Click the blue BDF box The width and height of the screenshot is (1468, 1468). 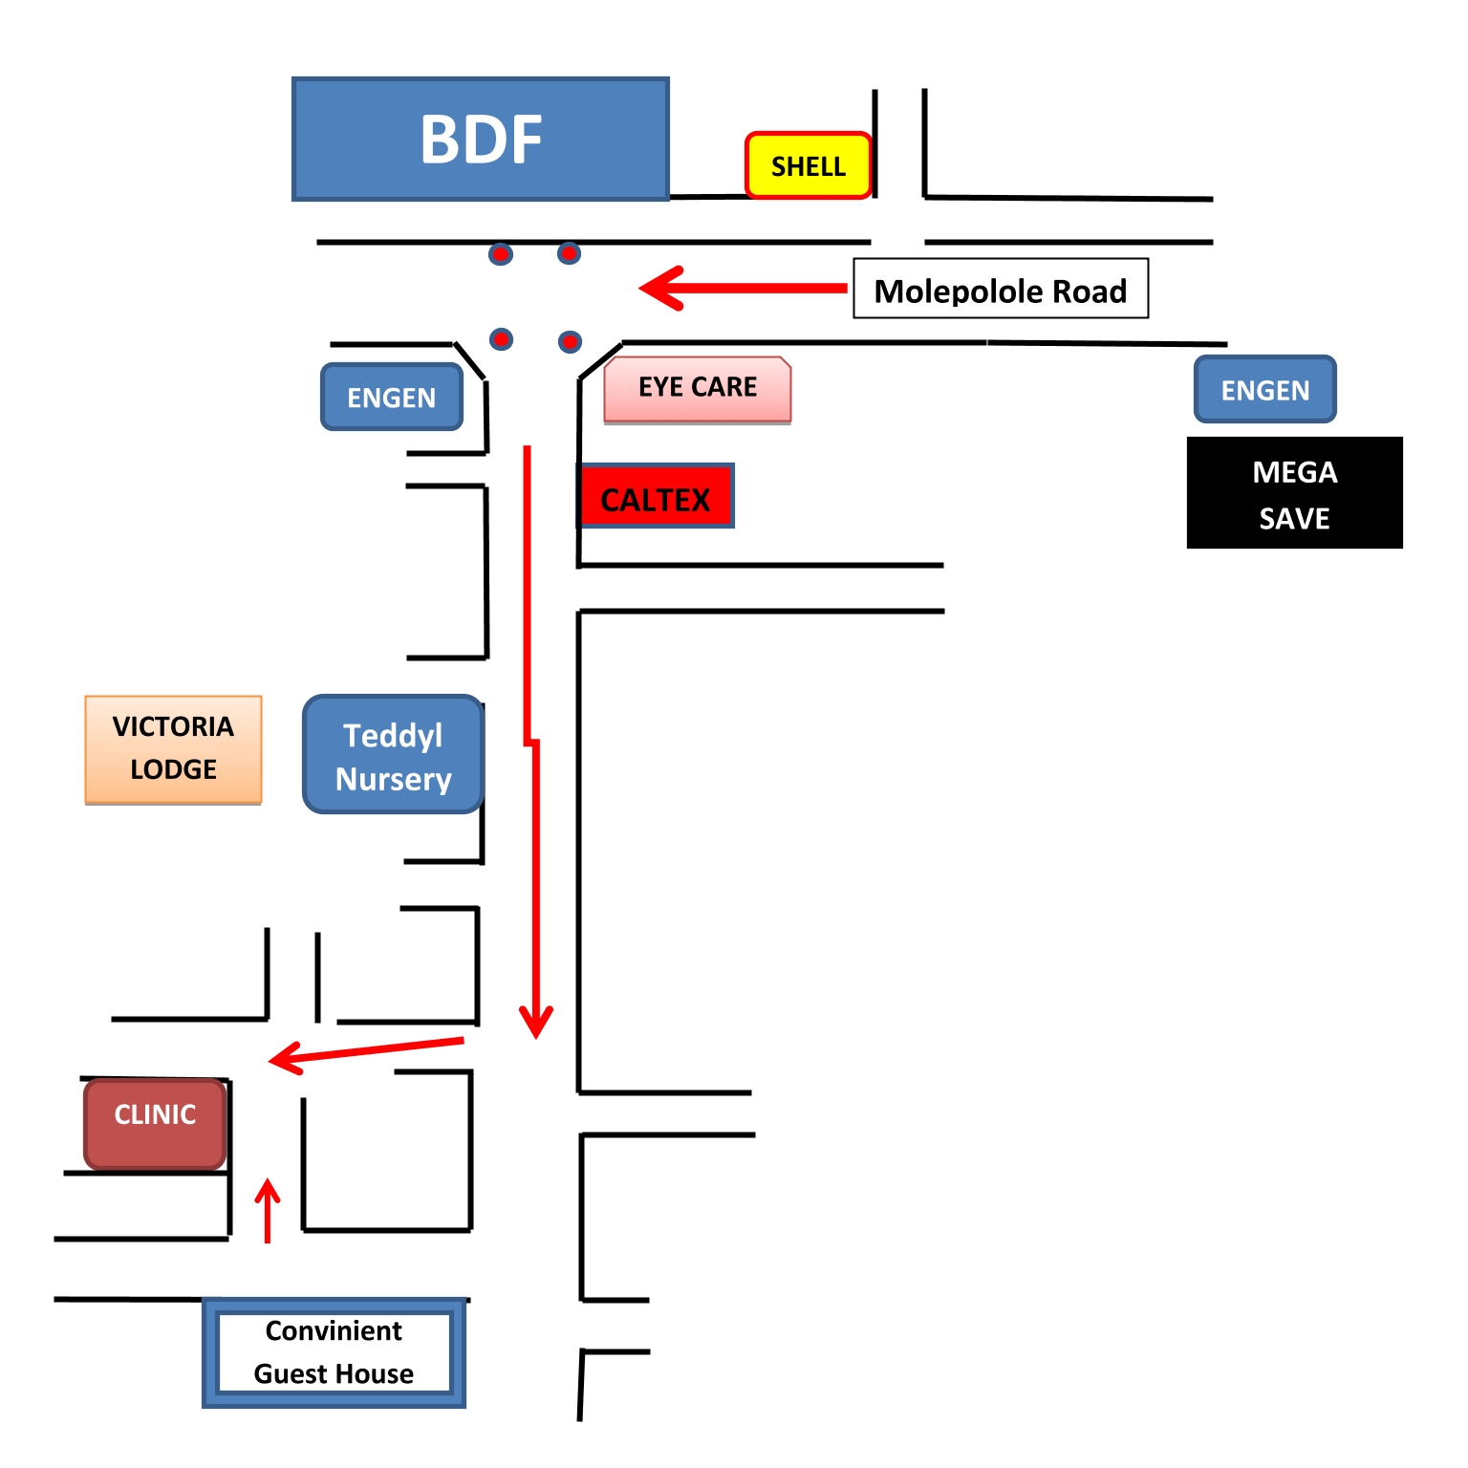pyautogui.click(x=480, y=140)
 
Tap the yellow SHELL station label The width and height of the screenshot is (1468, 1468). pyautogui.click(x=809, y=166)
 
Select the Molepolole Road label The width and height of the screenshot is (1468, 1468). pyautogui.click(x=1001, y=290)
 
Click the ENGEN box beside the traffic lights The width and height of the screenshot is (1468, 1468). pyautogui.click(x=392, y=397)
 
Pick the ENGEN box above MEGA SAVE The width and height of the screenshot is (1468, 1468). pyautogui.click(x=1264, y=390)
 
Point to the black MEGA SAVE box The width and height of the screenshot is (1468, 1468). pyautogui.click(x=1294, y=493)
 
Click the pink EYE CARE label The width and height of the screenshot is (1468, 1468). pyautogui.click(x=698, y=388)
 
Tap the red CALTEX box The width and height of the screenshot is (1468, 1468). pyautogui.click(x=657, y=497)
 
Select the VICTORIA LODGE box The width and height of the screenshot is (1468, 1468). pyautogui.click(x=173, y=749)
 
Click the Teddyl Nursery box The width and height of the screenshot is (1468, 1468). pyautogui.click(x=393, y=755)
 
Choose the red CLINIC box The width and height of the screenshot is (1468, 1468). pyautogui.click(x=155, y=1123)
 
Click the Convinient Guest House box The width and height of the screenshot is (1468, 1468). pyautogui.click(x=334, y=1352)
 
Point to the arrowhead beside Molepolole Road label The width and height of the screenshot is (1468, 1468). pyautogui.click(x=659, y=288)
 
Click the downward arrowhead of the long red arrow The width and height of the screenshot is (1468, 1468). pyautogui.click(x=535, y=1024)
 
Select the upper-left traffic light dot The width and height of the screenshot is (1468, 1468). pyautogui.click(x=501, y=254)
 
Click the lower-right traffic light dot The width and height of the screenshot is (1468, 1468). pyautogui.click(x=570, y=341)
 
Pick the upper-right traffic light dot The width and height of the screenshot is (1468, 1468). pyautogui.click(x=569, y=253)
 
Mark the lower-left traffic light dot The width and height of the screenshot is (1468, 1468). pyautogui.click(x=501, y=339)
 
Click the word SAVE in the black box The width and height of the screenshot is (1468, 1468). pyautogui.click(x=1294, y=519)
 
